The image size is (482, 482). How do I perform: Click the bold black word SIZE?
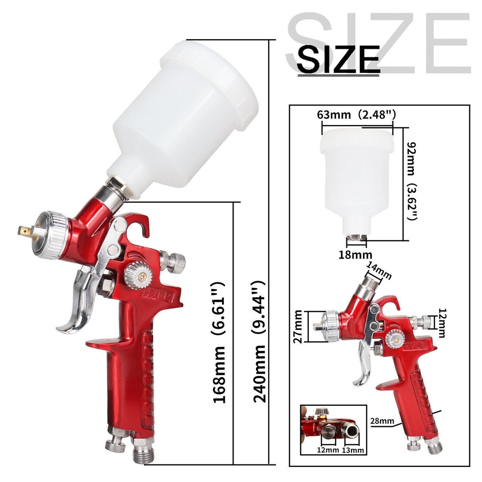coord(338,58)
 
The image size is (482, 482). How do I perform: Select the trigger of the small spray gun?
coord(364,369)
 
